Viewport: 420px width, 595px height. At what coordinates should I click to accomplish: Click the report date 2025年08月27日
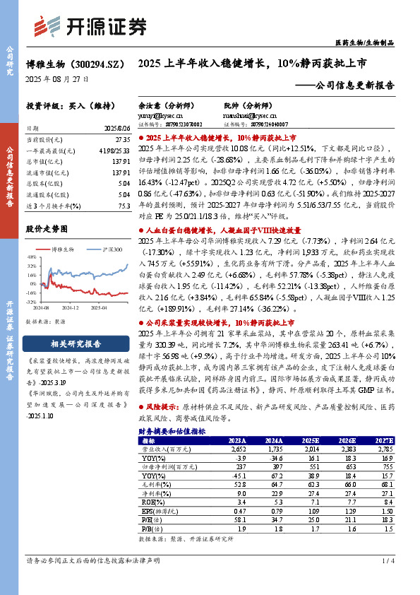(x=58, y=80)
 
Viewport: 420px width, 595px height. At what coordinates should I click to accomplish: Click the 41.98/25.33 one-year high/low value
(x=117, y=151)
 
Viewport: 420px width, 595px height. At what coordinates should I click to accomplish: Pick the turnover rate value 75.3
(x=124, y=205)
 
